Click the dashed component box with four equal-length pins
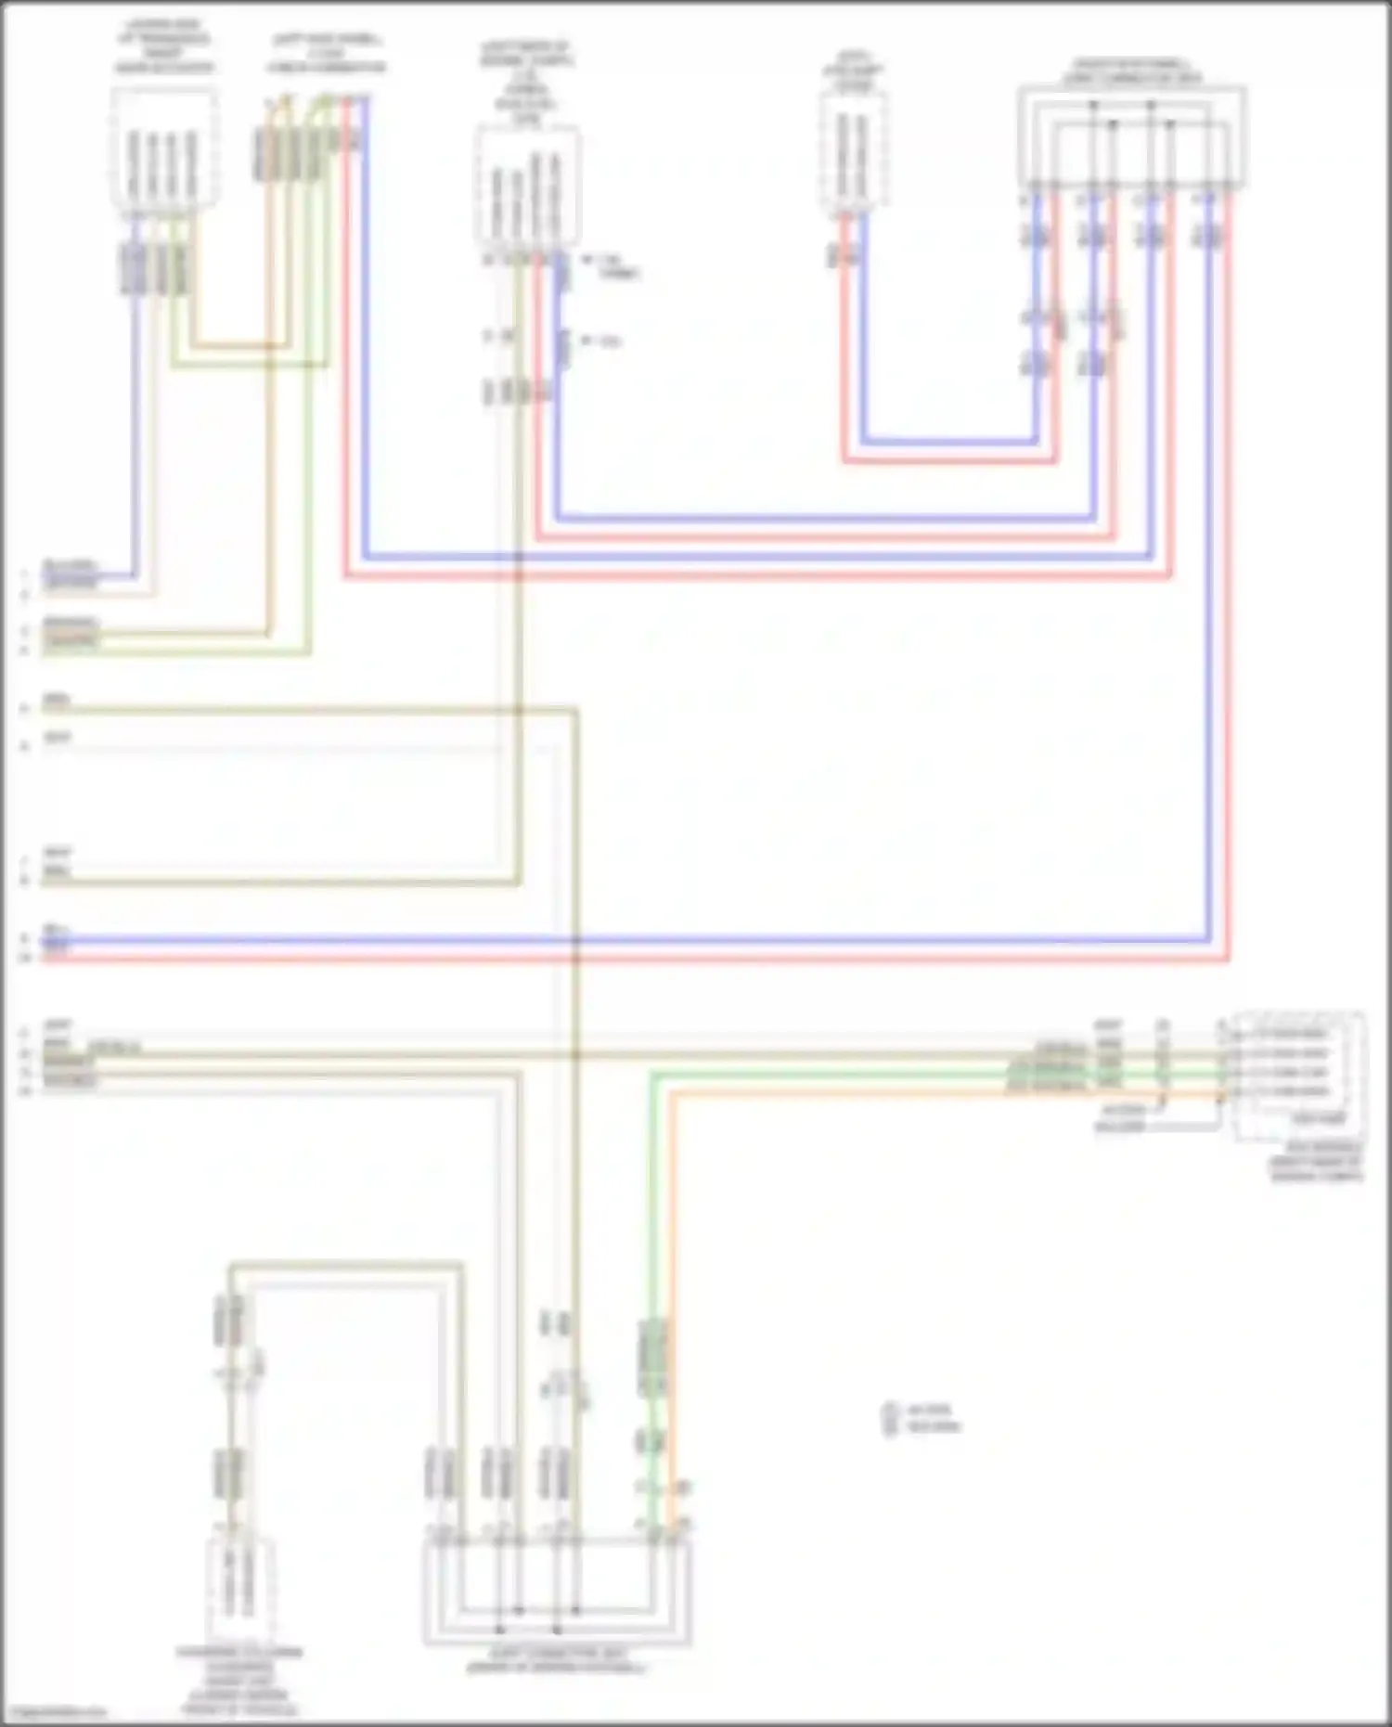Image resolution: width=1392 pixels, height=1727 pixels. tap(164, 148)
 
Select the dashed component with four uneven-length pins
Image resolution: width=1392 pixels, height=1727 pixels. tap(527, 190)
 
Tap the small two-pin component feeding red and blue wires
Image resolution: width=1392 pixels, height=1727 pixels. tap(853, 153)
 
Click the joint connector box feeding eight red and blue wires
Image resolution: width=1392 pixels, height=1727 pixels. tap(1130, 136)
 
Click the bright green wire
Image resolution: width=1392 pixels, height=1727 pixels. tap(835, 1074)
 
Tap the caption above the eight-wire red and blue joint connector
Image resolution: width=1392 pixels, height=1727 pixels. tap(1131, 71)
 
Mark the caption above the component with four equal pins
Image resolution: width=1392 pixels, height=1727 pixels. tap(164, 46)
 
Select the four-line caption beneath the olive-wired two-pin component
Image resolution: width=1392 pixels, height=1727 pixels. tap(239, 1680)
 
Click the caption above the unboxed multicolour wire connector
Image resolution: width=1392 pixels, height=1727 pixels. tap(326, 54)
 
